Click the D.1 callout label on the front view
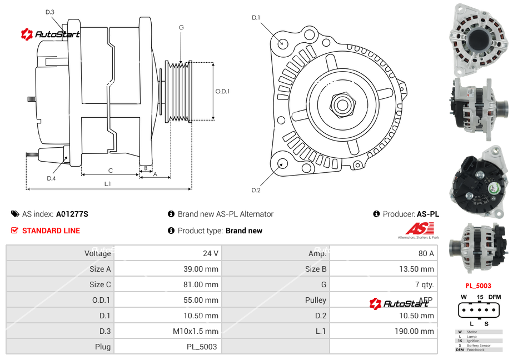(x=256, y=18)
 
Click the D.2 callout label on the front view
(x=256, y=191)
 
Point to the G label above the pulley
(x=181, y=27)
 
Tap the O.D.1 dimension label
(x=223, y=91)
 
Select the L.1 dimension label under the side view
(x=108, y=183)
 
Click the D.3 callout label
(x=50, y=12)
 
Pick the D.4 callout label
(x=51, y=178)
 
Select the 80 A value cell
(x=426, y=253)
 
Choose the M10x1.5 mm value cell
(x=196, y=331)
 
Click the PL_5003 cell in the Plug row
(x=202, y=347)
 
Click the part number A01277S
(x=72, y=214)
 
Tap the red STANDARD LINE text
(x=51, y=231)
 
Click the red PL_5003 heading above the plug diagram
(x=478, y=286)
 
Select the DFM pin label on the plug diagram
(x=495, y=297)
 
